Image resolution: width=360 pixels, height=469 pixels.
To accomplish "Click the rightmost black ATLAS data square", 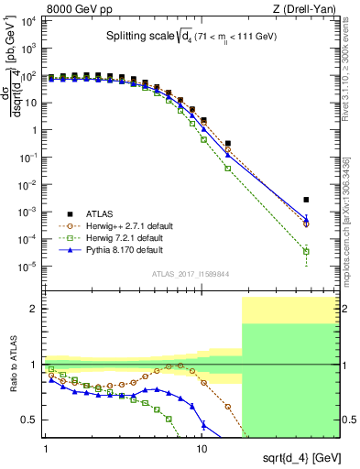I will coord(307,200).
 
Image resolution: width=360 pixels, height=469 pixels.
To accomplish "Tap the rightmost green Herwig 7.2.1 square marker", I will coord(307,252).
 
